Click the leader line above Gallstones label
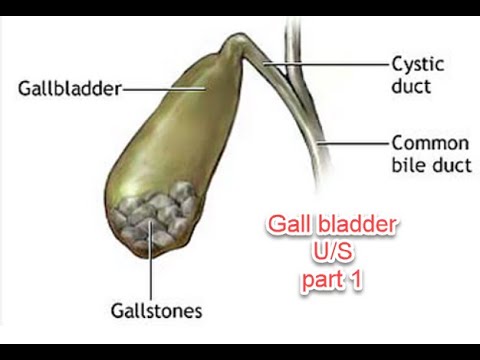point(152,265)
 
